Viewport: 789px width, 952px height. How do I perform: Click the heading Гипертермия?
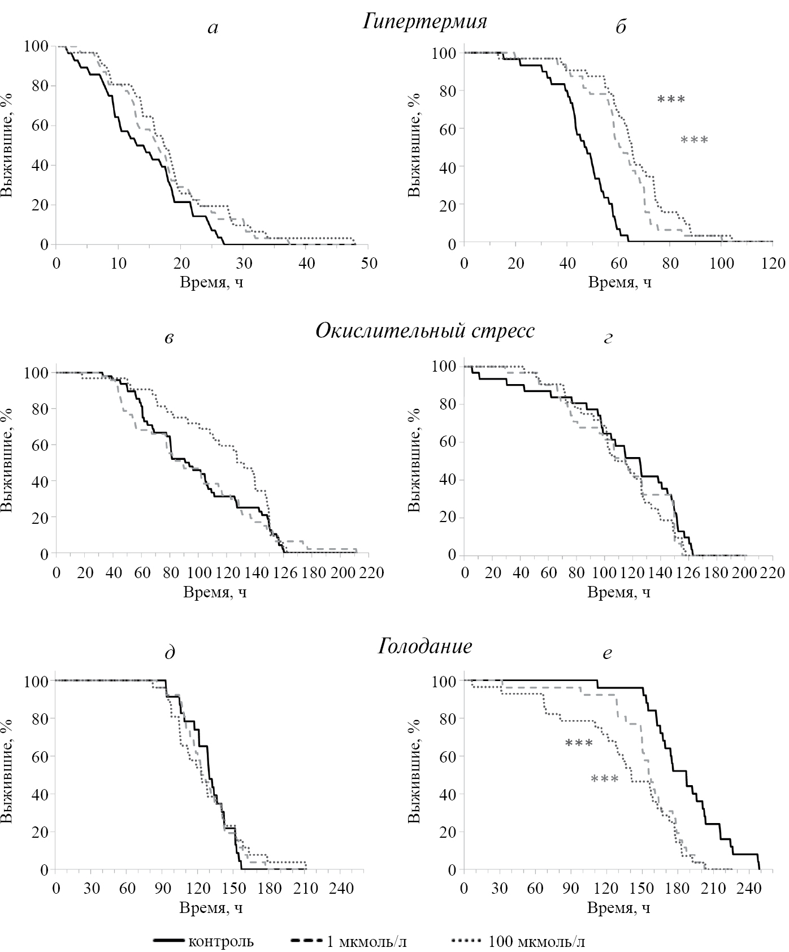tap(425, 22)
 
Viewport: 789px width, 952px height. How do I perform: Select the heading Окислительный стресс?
tap(424, 330)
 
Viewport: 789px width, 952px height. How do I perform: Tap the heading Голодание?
tap(424, 646)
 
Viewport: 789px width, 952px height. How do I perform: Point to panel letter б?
tap(621, 27)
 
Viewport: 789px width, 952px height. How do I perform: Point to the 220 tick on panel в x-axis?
tap(371, 573)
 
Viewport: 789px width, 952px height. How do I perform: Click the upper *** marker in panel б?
tap(671, 100)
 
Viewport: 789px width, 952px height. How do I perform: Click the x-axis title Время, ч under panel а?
tap(212, 281)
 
